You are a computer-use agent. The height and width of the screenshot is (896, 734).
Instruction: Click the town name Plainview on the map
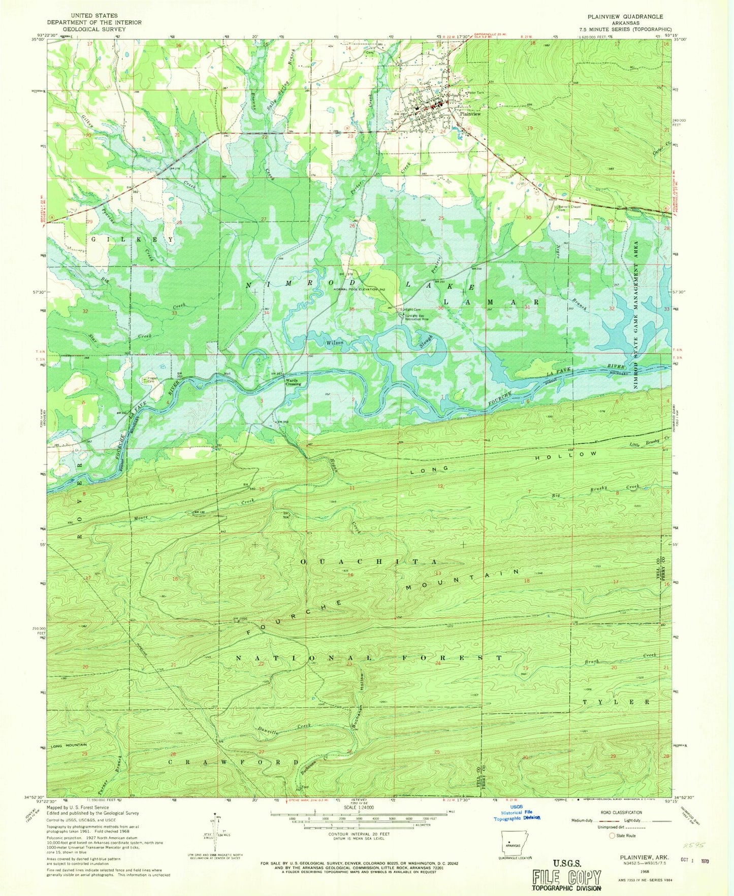[x=470, y=114]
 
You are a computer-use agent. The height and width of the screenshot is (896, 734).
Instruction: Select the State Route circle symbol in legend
[x=612, y=836]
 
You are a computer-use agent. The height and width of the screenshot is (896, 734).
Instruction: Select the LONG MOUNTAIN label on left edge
[x=68, y=745]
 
